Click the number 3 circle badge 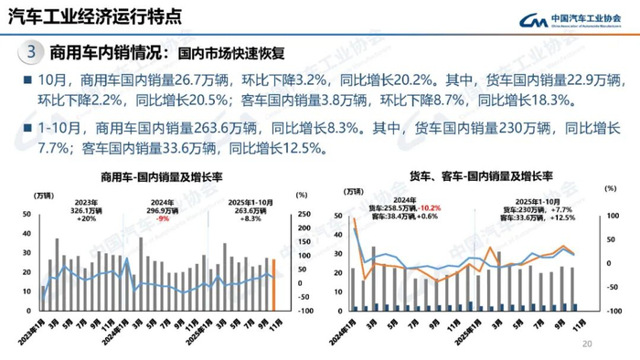point(31,52)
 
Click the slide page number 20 point(588,344)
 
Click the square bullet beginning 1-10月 point(17,129)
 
